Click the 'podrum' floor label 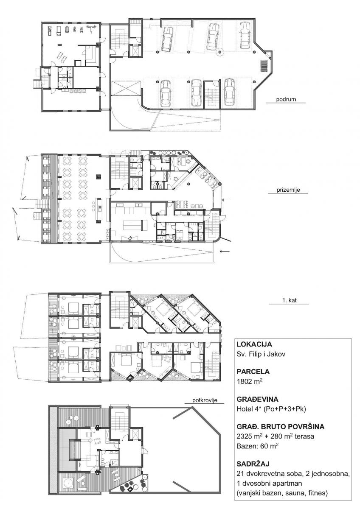pyautogui.click(x=286, y=99)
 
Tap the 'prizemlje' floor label pyautogui.click(x=288, y=190)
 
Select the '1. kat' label pyautogui.click(x=289, y=300)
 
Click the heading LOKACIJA pyautogui.click(x=254, y=344)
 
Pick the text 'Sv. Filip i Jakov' pyautogui.click(x=261, y=354)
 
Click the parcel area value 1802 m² pyautogui.click(x=250, y=381)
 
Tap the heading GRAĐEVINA pyautogui.click(x=257, y=399)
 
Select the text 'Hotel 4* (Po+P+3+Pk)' pyautogui.click(x=271, y=409)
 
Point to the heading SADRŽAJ pyautogui.click(x=253, y=463)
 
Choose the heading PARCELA pyautogui.click(x=253, y=372)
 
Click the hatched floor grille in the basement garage pyautogui.click(x=264, y=66)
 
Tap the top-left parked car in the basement pyautogui.click(x=167, y=39)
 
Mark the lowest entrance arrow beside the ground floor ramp pyautogui.click(x=225, y=251)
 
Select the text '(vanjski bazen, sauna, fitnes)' pyautogui.click(x=282, y=492)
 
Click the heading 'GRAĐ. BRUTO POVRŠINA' pyautogui.click(x=281, y=427)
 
